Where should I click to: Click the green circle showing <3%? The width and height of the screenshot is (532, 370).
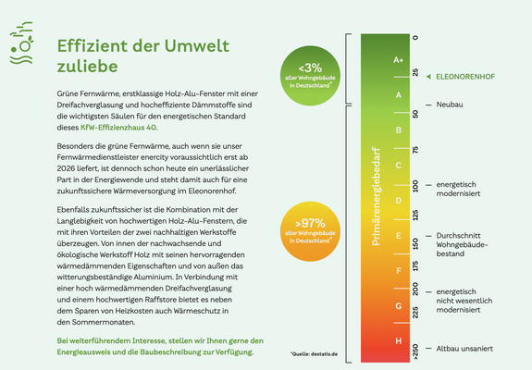(310, 73)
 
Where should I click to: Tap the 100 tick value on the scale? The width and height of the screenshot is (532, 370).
(415, 185)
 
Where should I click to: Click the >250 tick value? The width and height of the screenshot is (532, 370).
(415, 351)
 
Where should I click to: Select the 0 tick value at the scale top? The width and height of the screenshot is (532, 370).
(415, 38)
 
